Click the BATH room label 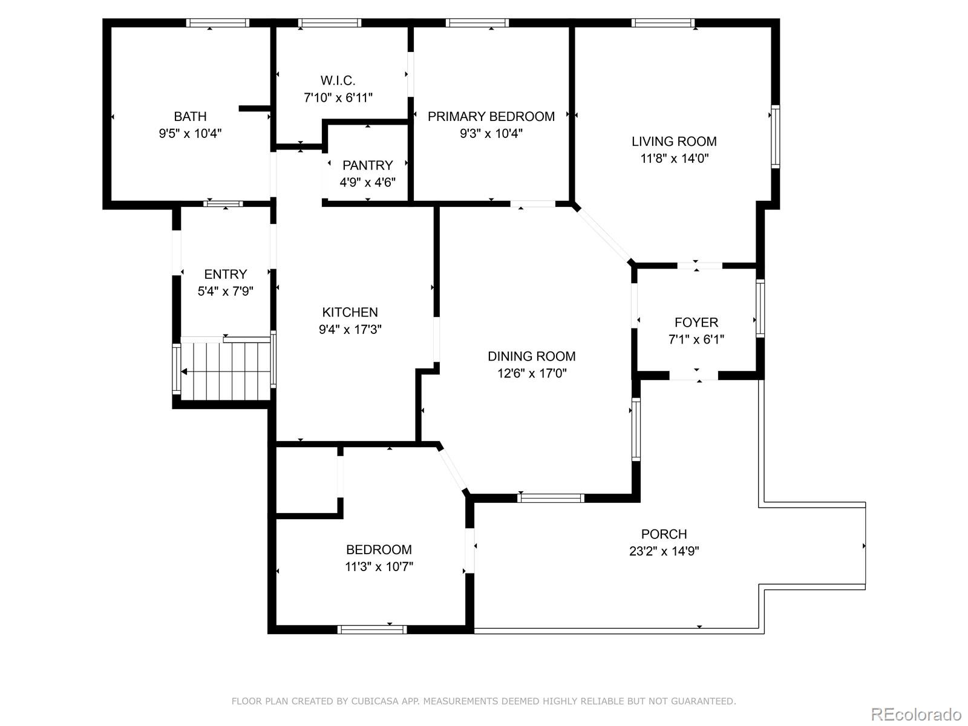click(190, 116)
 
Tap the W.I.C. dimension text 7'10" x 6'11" click(338, 97)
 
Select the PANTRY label click(367, 165)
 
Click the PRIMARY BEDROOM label click(491, 116)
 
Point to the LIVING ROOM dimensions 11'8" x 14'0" click(674, 159)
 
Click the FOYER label click(696, 322)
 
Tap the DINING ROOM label click(531, 356)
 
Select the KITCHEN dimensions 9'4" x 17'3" click(350, 330)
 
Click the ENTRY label click(225, 274)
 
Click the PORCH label click(664, 534)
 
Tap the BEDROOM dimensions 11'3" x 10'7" click(379, 567)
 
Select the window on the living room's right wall click(775, 136)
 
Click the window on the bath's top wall click(217, 23)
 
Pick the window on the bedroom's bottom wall click(371, 630)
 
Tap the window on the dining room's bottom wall click(551, 498)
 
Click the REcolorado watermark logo click(916, 714)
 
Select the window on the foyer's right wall click(760, 308)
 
